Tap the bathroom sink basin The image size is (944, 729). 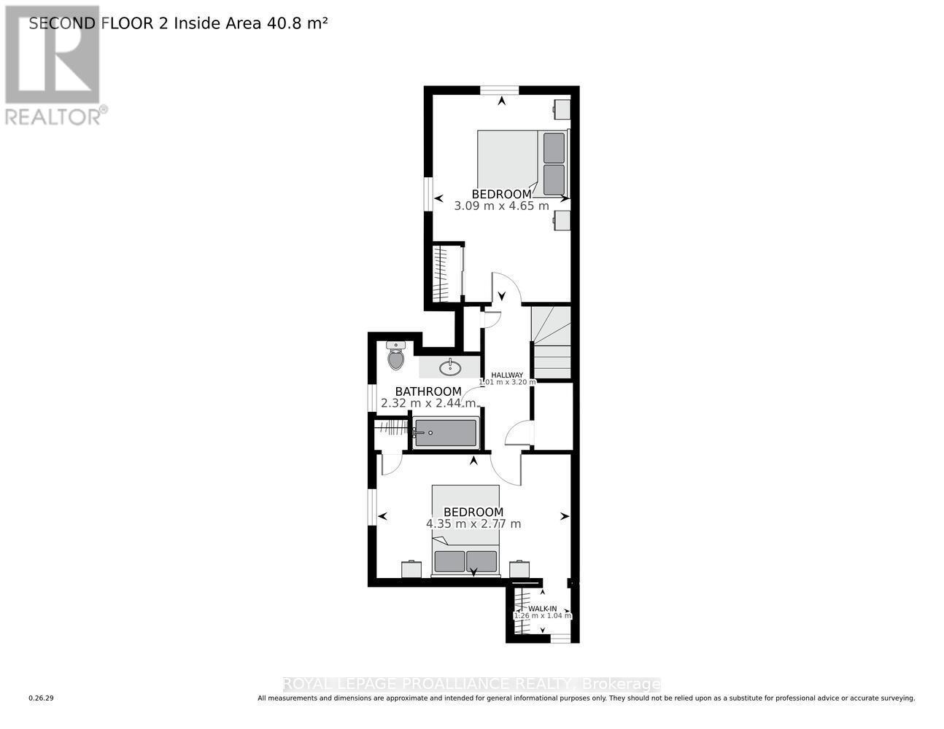(449, 366)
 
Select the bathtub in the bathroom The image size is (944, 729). (446, 433)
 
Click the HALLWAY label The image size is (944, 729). (507, 375)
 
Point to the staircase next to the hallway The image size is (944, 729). (551, 343)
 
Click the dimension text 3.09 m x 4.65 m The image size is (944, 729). (501, 206)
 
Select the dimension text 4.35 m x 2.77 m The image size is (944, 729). (473, 523)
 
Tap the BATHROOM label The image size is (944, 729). (428, 391)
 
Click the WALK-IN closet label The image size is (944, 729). (542, 609)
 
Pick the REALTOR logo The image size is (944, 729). (53, 66)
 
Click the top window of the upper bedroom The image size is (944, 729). (500, 90)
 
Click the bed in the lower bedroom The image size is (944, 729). (465, 531)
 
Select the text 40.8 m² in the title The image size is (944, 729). (298, 23)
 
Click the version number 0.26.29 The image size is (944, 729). (42, 698)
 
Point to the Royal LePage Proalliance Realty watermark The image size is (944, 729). (471, 684)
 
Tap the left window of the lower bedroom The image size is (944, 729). (372, 506)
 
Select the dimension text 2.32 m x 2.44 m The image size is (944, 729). (428, 403)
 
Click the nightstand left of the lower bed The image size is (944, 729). (411, 569)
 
